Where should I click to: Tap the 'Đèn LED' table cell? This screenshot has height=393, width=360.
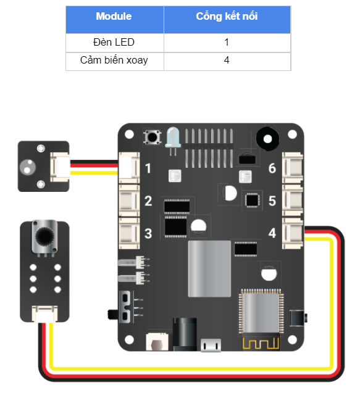[x=114, y=43]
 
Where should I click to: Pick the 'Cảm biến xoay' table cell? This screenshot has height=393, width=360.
[x=114, y=60]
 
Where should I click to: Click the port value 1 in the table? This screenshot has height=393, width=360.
[x=227, y=43]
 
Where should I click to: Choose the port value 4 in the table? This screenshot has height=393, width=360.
[x=227, y=60]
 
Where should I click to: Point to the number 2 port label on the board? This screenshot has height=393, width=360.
[x=148, y=201]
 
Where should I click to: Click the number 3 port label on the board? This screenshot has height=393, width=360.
[x=148, y=233]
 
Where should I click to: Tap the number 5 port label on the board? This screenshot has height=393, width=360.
[x=272, y=201]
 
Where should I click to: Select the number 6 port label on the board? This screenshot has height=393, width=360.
[x=272, y=168]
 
